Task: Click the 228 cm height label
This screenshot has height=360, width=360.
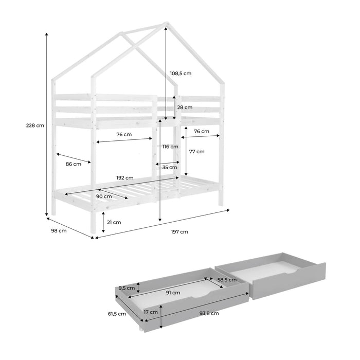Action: pos(35,125)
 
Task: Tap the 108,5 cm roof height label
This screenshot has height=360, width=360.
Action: pos(181,74)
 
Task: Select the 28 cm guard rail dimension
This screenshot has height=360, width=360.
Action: pos(185,107)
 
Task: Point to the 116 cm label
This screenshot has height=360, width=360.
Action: pos(170,147)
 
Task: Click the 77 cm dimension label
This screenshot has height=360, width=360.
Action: pos(197,152)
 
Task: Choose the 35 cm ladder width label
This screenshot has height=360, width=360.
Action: pos(170,167)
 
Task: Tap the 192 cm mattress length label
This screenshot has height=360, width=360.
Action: pos(125,178)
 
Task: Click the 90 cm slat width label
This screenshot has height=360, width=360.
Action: pos(104,196)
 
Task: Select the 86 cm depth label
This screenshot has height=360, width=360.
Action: pos(74,164)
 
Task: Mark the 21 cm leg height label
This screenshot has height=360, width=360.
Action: pos(114,222)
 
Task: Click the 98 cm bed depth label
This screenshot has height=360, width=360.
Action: pos(59,231)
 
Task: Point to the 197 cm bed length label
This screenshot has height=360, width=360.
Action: pos(179,232)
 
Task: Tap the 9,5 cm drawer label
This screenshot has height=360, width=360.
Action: pos(127,288)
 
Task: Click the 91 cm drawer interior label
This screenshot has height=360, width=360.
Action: pos(173,293)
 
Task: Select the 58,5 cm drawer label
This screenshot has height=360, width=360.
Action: pos(227,280)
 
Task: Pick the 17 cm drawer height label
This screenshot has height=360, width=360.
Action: pos(151,312)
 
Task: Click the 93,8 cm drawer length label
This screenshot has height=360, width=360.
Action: pos(209,313)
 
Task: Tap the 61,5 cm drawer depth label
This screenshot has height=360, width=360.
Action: pos(117,314)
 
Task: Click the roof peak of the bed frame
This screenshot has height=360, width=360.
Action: pos(167,23)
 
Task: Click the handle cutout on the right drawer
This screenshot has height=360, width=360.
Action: pos(291,272)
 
